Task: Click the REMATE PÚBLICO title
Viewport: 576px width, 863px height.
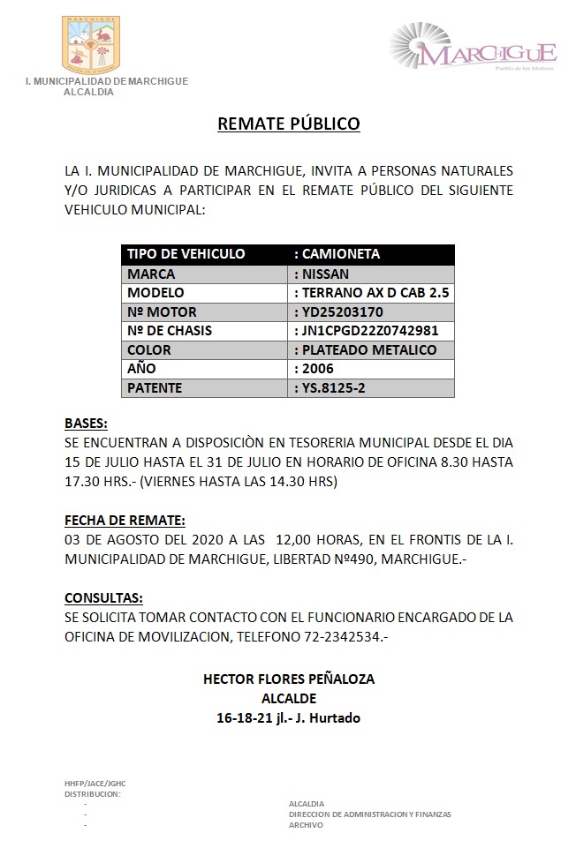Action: [x=289, y=124]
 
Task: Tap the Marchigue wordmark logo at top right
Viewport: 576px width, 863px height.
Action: [x=474, y=52]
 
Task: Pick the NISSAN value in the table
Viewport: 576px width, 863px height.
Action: [x=326, y=274]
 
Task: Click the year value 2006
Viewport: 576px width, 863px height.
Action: [x=318, y=369]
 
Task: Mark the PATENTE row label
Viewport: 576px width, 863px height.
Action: [x=155, y=388]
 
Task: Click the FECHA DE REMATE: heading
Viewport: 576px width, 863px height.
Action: [x=125, y=521]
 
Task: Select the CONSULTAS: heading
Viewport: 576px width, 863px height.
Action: [x=103, y=597]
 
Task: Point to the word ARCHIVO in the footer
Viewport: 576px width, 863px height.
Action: [x=306, y=825]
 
